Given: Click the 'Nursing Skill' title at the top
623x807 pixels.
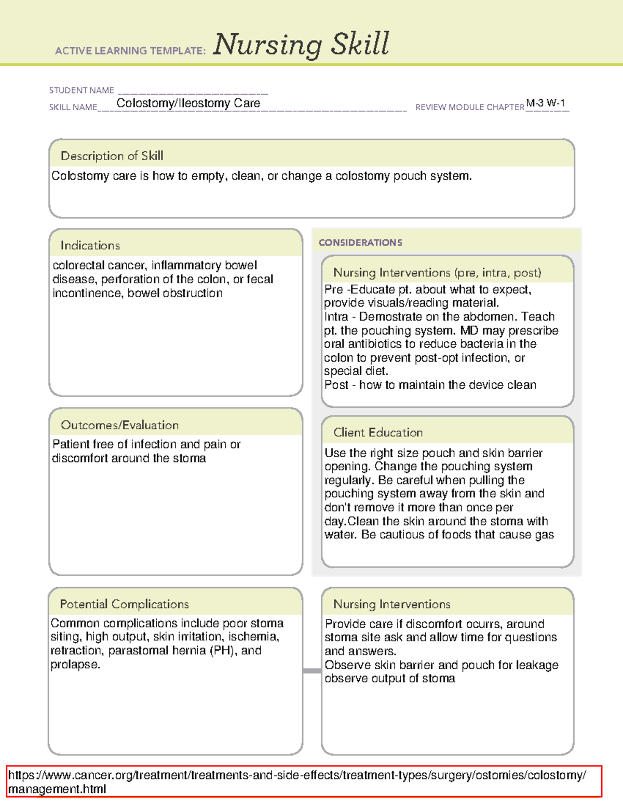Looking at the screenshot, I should pos(301,44).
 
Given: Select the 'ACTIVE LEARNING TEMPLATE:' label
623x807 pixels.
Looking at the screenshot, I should pos(130,51).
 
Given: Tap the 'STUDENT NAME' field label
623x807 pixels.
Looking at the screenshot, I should pos(82,90).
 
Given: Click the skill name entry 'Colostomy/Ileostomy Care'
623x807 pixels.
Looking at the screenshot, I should pos(188,103).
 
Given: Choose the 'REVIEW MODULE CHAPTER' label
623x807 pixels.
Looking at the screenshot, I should pos(469,107).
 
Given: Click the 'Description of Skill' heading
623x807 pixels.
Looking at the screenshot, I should pos(112,156).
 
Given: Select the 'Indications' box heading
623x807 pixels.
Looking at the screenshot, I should pos(90,245).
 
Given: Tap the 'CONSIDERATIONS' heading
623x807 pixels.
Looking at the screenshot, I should pos(360,243).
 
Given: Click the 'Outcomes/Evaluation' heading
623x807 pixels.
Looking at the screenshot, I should pos(119,425).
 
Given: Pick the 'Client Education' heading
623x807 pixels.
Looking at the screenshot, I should pos(377,432).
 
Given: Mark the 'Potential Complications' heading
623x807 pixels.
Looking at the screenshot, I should pos(124,604).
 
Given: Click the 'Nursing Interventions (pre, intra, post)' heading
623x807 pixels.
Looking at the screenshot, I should pos(437,273).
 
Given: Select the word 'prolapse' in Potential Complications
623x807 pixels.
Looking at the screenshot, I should pos(74,665).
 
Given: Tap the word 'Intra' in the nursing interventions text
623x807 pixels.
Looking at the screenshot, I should pos(336,317).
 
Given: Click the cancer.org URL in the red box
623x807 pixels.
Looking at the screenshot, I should pos(297,782).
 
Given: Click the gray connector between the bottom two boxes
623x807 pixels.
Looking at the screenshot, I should pos(312,671).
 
